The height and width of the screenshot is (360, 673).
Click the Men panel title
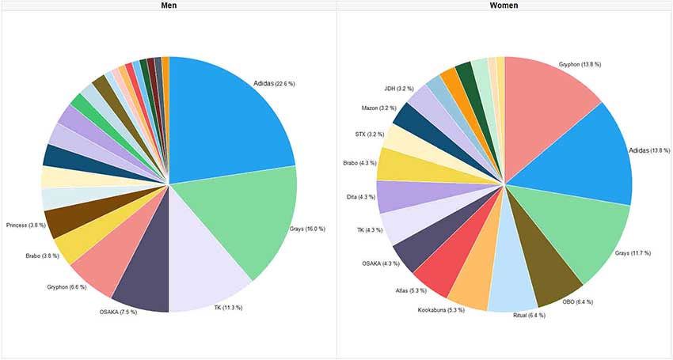pyautogui.click(x=169, y=6)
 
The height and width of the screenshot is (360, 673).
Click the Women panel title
pyautogui.click(x=504, y=6)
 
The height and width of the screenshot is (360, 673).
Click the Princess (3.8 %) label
pyautogui.click(x=26, y=225)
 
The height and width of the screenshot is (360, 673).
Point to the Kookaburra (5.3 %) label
pyautogui.click(x=441, y=309)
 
